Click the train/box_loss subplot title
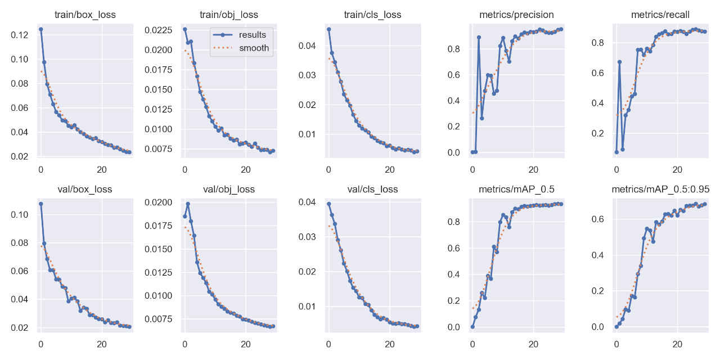(85, 15)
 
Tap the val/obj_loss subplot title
(229, 189)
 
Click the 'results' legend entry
(252, 35)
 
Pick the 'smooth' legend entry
(254, 48)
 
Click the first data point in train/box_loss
(40, 29)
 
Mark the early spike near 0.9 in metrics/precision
(479, 37)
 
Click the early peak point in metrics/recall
(619, 62)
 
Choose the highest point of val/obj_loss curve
(187, 204)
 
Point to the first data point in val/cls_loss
(328, 204)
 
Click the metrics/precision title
(516, 15)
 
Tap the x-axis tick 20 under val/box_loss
(101, 341)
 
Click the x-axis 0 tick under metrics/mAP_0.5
(472, 341)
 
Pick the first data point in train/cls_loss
(328, 29)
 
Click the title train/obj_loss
(229, 15)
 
